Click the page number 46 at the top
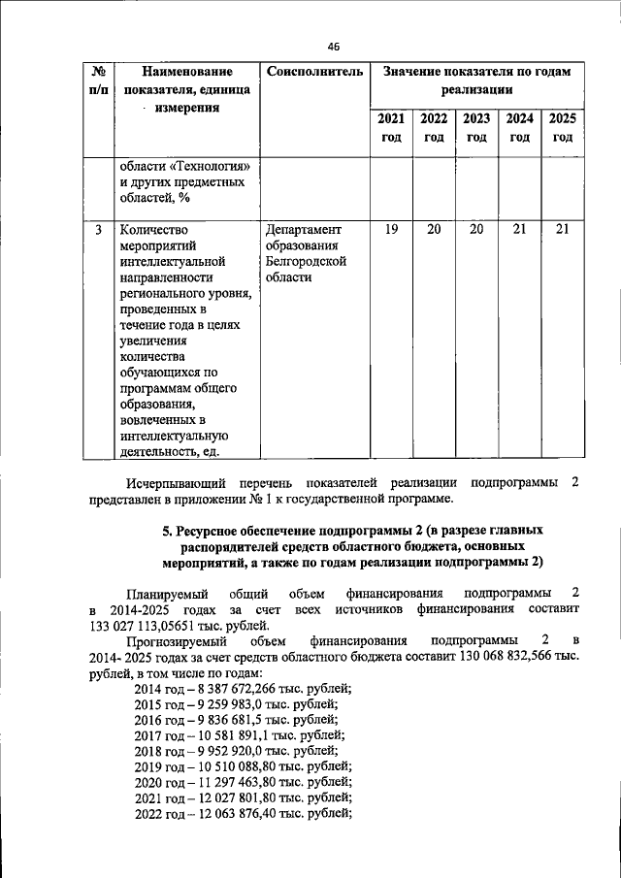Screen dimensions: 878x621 tap(334, 47)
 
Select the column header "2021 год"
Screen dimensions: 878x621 tap(391, 128)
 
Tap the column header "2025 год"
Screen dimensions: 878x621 tap(563, 128)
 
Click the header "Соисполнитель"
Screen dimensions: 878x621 tap(314, 72)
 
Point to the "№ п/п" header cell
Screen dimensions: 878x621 tap(98, 81)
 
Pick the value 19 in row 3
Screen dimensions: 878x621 tap(391, 230)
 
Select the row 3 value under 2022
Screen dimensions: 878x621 tap(434, 230)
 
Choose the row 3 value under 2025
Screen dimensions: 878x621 tap(563, 230)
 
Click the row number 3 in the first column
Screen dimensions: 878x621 tap(98, 231)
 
